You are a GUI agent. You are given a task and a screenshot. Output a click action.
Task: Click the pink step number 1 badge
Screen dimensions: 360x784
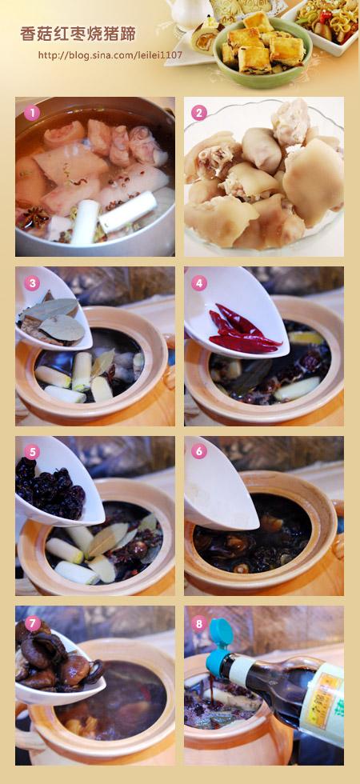(31, 114)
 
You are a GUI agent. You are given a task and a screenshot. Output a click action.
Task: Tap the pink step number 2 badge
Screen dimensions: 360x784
(199, 113)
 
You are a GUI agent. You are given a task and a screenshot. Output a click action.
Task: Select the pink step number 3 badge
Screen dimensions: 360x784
(31, 283)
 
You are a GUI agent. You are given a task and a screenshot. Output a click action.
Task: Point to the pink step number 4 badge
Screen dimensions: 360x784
(199, 283)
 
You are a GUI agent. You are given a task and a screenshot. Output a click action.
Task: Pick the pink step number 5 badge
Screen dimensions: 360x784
(31, 453)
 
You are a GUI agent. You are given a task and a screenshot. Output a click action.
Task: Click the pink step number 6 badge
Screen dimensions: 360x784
(199, 451)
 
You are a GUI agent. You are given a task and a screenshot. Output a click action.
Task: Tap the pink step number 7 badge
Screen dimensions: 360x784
(33, 623)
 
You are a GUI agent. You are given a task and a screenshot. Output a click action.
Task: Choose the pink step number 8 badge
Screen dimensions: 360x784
(199, 623)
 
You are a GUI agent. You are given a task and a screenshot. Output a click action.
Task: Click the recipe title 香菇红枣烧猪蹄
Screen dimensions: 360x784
(78, 34)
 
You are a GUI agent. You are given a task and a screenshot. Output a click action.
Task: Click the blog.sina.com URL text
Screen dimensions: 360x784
(110, 55)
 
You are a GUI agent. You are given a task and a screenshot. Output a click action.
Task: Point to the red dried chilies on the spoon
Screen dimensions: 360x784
(243, 330)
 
